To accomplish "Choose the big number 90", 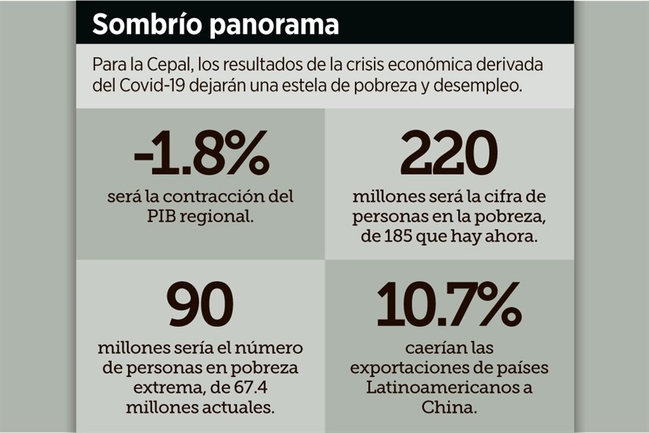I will [x=200, y=306].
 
